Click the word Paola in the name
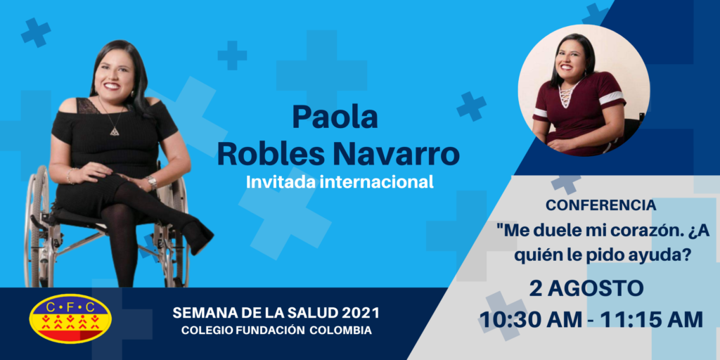tap(335, 117)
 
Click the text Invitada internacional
tap(340, 182)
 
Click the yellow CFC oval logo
tap(70, 319)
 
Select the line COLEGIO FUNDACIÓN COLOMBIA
tap(276, 330)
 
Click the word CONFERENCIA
tap(600, 206)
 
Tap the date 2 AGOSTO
tap(586, 288)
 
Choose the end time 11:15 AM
tap(652, 320)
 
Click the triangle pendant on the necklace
tap(114, 131)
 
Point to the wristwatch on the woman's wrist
tap(152, 182)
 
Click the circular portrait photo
tap(584, 91)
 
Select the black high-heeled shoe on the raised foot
tap(198, 235)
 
